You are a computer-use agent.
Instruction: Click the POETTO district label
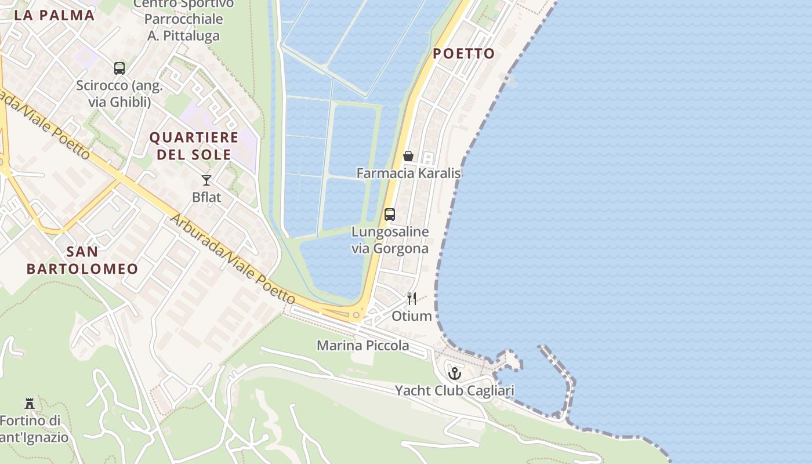pyautogui.click(x=463, y=54)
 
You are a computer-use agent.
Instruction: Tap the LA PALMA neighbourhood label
pyautogui.click(x=54, y=16)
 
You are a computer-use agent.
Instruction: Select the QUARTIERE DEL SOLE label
pyautogui.click(x=194, y=146)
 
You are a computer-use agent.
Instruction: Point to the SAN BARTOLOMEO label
pyautogui.click(x=82, y=260)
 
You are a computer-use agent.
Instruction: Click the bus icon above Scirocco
pyautogui.click(x=119, y=68)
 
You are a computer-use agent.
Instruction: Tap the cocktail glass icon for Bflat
pyautogui.click(x=206, y=180)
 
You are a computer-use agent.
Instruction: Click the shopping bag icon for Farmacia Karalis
pyautogui.click(x=408, y=156)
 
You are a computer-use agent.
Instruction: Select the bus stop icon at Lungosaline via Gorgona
pyautogui.click(x=390, y=215)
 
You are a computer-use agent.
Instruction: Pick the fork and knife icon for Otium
pyautogui.click(x=412, y=299)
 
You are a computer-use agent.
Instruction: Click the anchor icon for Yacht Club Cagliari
pyautogui.click(x=455, y=373)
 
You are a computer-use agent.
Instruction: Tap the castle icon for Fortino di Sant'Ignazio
pyautogui.click(x=30, y=403)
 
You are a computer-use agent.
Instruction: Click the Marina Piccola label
pyautogui.click(x=362, y=346)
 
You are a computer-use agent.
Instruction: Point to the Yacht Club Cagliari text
pyautogui.click(x=455, y=390)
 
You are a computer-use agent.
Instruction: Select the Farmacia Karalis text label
pyautogui.click(x=408, y=173)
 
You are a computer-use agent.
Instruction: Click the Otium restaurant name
pyautogui.click(x=412, y=316)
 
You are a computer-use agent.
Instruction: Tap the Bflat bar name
pyautogui.click(x=206, y=197)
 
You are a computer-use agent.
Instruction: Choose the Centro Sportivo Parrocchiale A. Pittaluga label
pyautogui.click(x=183, y=20)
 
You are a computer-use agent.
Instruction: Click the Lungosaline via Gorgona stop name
pyautogui.click(x=390, y=240)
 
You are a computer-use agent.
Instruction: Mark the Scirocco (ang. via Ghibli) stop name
pyautogui.click(x=119, y=94)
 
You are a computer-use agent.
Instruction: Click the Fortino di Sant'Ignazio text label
pyautogui.click(x=32, y=429)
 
